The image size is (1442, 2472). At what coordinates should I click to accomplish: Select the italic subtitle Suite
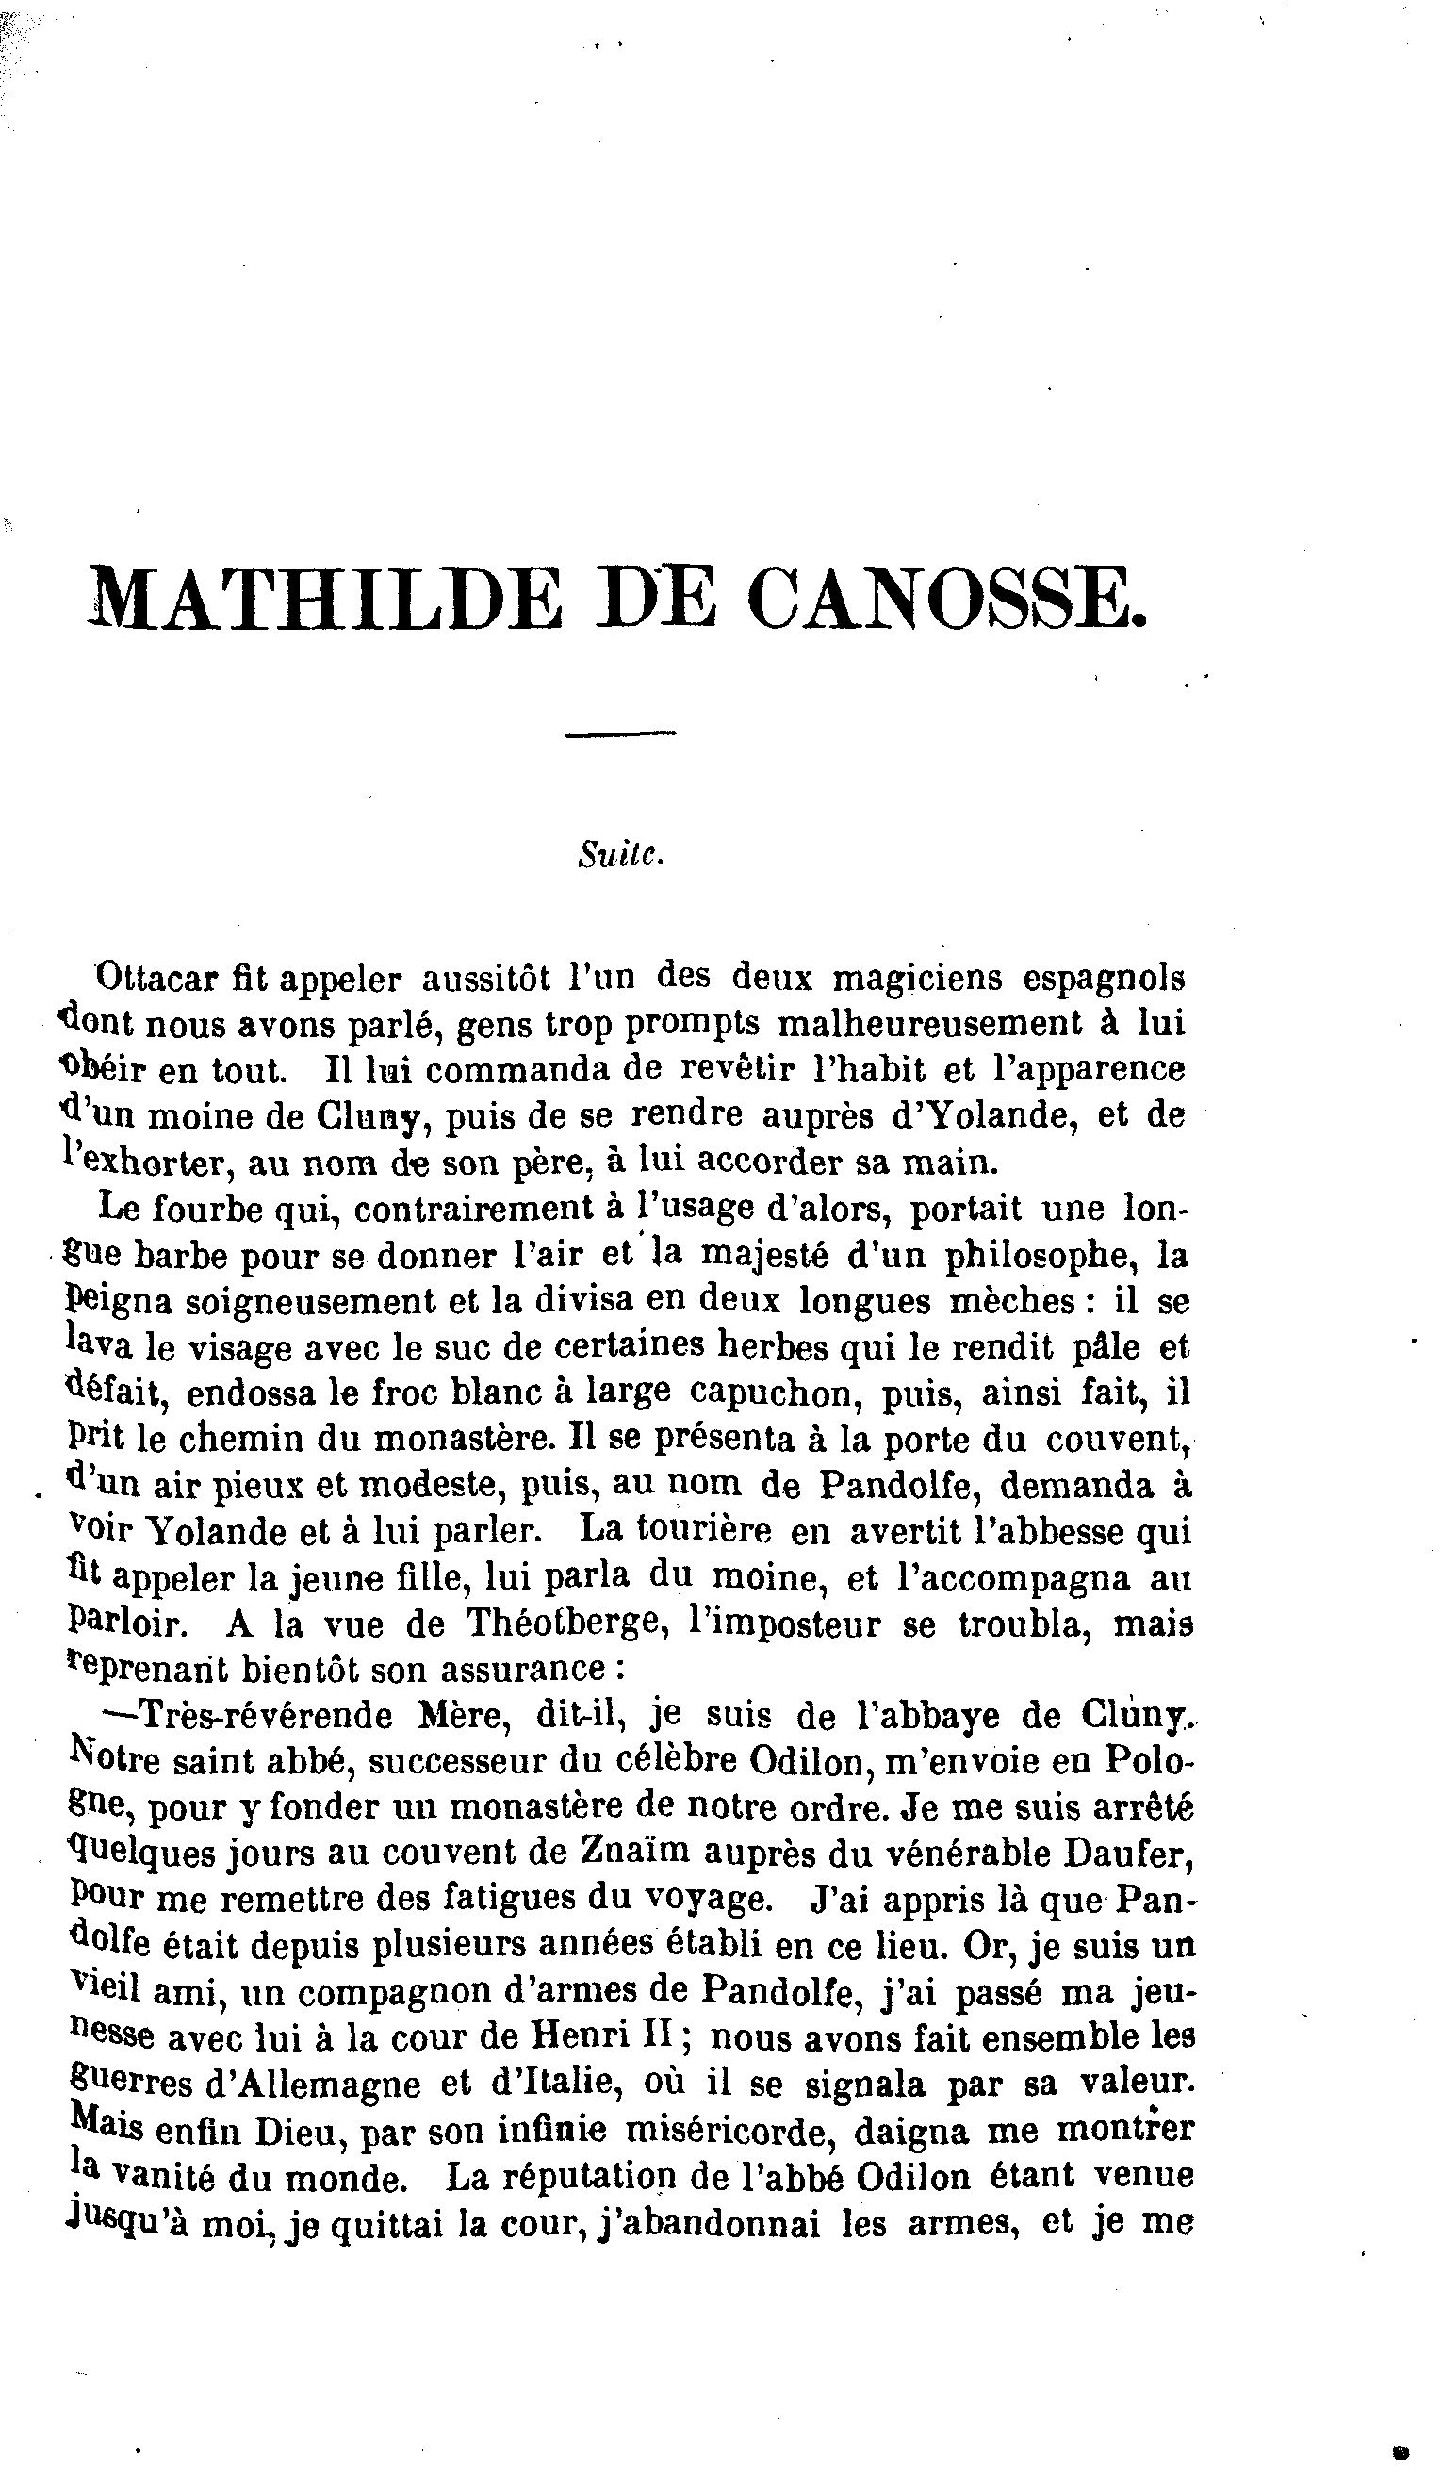621,854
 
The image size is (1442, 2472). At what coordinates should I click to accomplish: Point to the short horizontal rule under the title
621,733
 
